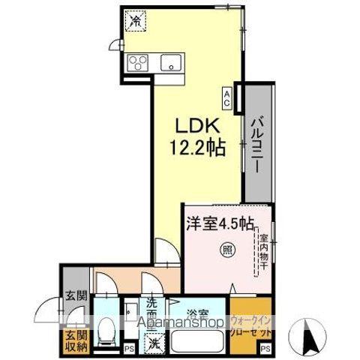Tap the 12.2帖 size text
pos(196,149)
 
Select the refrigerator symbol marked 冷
pos(135,22)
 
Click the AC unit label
pos(226,95)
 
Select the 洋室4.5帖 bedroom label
pos(218,223)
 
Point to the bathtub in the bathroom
pos(198,341)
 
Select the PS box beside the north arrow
pos(265,349)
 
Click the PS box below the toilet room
pos(128,349)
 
